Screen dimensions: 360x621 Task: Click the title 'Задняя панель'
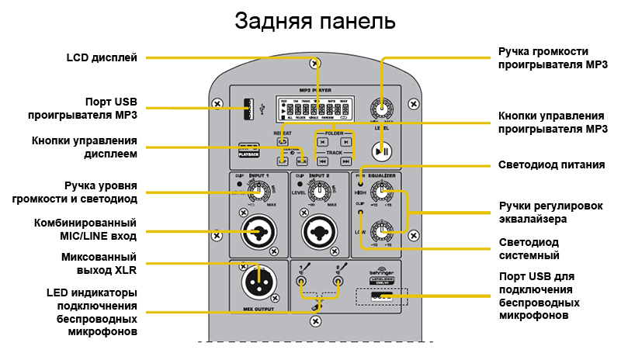pyautogui.click(x=315, y=21)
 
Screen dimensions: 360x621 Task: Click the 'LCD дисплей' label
pyautogui.click(x=102, y=57)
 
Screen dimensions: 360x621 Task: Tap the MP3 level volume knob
pyautogui.click(x=381, y=109)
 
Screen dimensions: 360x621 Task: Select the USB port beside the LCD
pyautogui.click(x=248, y=109)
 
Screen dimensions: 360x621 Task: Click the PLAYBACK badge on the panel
pyautogui.click(x=248, y=149)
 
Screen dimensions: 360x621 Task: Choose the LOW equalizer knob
pyautogui.click(x=380, y=230)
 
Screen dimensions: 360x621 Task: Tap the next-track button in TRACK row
pyautogui.click(x=346, y=160)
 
